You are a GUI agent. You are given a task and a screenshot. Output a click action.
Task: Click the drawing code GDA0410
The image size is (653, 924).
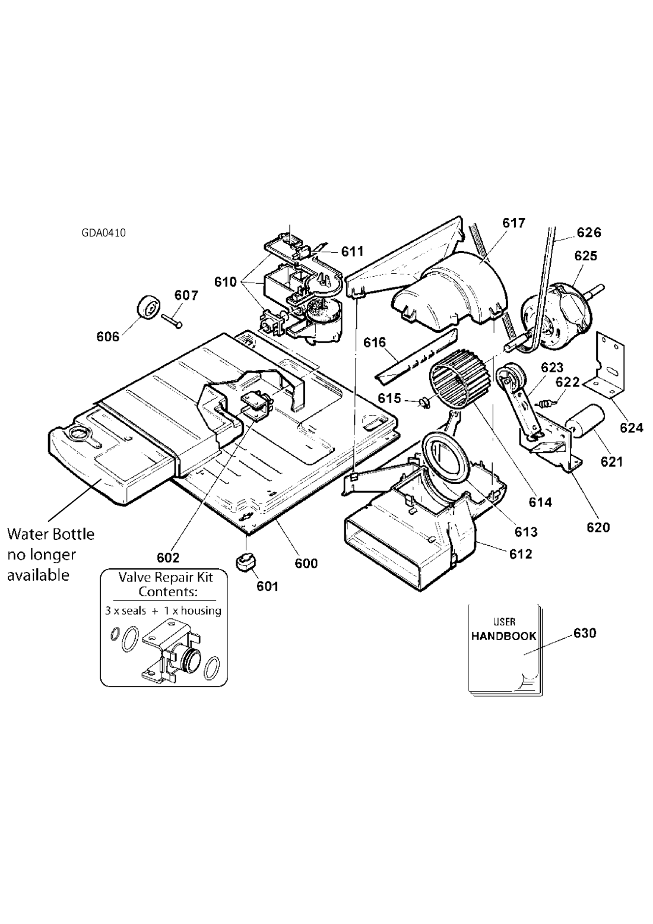tap(103, 233)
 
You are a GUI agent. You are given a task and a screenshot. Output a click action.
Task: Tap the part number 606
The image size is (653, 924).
tap(107, 337)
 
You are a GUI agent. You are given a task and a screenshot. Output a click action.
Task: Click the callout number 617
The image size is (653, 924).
tap(513, 223)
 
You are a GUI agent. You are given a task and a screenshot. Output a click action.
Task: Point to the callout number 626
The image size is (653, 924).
tap(589, 233)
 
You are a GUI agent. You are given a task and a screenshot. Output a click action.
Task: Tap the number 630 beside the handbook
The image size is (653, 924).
tap(585, 633)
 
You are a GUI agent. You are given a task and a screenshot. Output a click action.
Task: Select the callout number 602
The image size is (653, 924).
tap(168, 558)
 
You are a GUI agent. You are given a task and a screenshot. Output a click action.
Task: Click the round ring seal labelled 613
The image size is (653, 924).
tap(446, 457)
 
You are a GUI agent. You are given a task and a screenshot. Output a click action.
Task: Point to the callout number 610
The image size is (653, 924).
tap(226, 282)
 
